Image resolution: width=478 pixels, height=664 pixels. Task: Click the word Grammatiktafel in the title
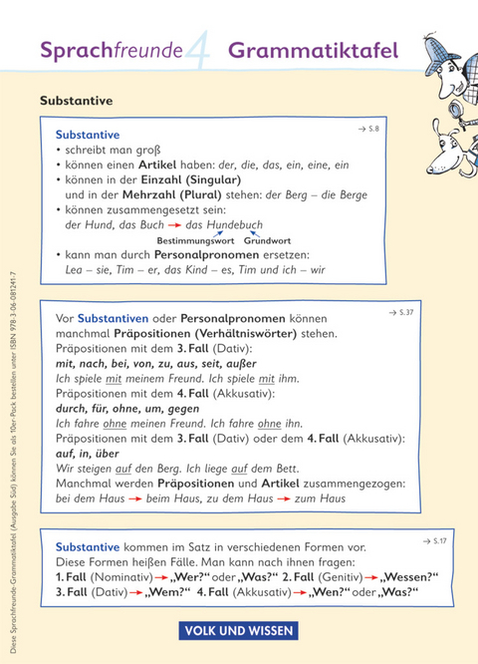(314, 50)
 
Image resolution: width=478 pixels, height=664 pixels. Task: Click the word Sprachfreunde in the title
(110, 50)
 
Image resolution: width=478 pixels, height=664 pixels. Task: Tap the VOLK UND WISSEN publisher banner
(239, 630)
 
